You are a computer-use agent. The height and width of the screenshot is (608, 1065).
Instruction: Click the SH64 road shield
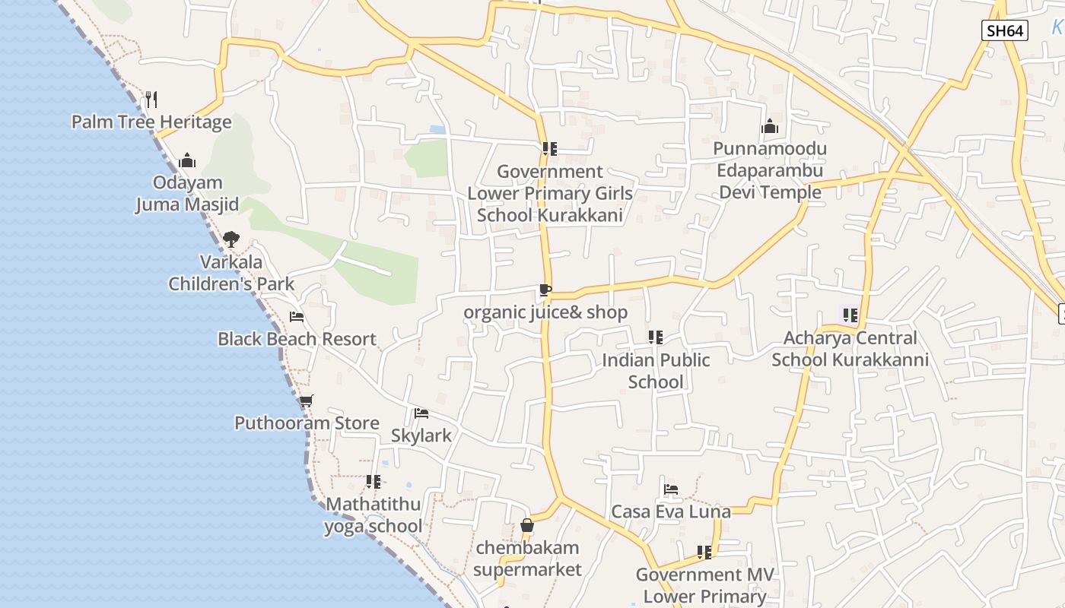(1004, 30)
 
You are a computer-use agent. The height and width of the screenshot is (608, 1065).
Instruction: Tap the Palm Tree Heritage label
(151, 122)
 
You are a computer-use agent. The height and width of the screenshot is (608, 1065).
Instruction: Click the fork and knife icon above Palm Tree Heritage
(151, 99)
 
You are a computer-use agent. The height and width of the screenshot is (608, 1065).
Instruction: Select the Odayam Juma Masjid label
(187, 193)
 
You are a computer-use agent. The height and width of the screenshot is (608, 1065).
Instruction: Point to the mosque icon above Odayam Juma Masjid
(187, 160)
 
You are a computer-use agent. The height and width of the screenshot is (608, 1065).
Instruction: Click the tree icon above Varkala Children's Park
(231, 239)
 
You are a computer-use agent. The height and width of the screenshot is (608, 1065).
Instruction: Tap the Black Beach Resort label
(297, 339)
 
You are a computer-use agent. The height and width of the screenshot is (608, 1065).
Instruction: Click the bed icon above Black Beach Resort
(297, 316)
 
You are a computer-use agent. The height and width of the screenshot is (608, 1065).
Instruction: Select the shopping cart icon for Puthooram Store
(306, 401)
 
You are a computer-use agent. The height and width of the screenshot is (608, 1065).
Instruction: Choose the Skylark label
(421, 435)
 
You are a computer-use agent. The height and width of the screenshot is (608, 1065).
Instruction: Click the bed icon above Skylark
(421, 413)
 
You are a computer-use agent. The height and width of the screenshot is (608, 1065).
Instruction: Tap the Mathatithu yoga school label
(373, 515)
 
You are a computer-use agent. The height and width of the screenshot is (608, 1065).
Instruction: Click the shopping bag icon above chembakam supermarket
(527, 525)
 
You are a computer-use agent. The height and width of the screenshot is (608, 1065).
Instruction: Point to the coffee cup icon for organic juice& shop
(545, 290)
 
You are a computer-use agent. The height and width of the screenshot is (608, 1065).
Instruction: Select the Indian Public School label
(656, 370)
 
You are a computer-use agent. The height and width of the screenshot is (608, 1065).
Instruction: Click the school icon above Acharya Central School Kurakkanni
(850, 315)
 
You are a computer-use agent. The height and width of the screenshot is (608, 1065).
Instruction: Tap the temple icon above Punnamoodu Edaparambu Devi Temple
(770, 126)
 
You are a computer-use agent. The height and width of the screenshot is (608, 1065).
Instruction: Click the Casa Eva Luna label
(671, 511)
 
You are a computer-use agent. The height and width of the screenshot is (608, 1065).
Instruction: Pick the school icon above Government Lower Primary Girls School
(549, 149)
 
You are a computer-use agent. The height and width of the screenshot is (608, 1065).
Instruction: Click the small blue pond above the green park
(437, 129)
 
